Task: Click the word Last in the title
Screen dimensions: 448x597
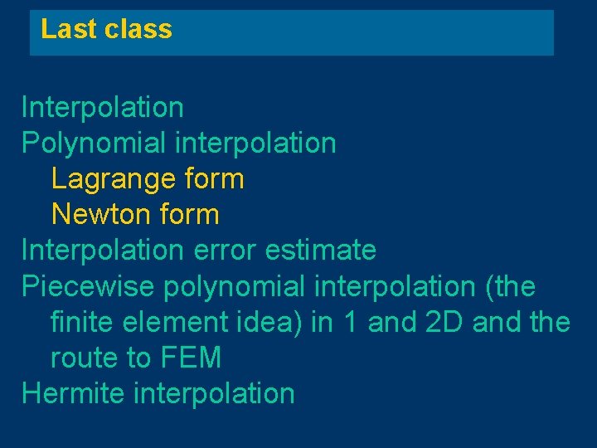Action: pyautogui.click(x=61, y=30)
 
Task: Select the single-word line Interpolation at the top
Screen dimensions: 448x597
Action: pyautogui.click(x=103, y=107)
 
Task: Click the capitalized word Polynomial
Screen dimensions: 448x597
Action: pyautogui.click(x=95, y=144)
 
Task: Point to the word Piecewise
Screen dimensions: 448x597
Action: pyautogui.click(x=87, y=286)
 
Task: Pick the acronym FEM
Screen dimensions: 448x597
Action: pyautogui.click(x=193, y=358)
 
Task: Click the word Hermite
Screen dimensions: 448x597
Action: pyautogui.click(x=73, y=393)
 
